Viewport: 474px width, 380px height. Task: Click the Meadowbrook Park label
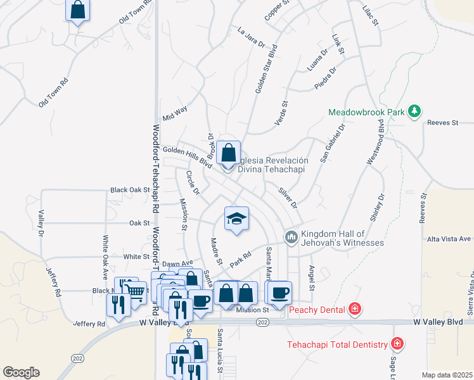tap(366, 112)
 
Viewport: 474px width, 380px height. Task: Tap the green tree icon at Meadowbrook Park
tap(414, 111)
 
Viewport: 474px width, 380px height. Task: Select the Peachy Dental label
tap(317, 310)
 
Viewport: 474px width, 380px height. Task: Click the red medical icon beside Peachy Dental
tap(355, 310)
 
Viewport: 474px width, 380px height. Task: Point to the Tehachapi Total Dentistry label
tap(337, 345)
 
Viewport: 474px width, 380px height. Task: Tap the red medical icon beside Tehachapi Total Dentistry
tap(397, 345)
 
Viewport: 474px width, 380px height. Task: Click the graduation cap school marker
tap(236, 219)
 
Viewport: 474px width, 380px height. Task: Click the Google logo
tap(21, 372)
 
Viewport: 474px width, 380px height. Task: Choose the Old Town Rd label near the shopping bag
tap(136, 12)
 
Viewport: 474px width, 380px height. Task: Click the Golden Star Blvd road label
tap(266, 68)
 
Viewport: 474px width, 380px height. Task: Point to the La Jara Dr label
tap(250, 37)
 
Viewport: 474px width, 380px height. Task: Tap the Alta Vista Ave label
tap(449, 239)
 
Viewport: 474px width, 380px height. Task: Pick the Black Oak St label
tap(129, 189)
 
